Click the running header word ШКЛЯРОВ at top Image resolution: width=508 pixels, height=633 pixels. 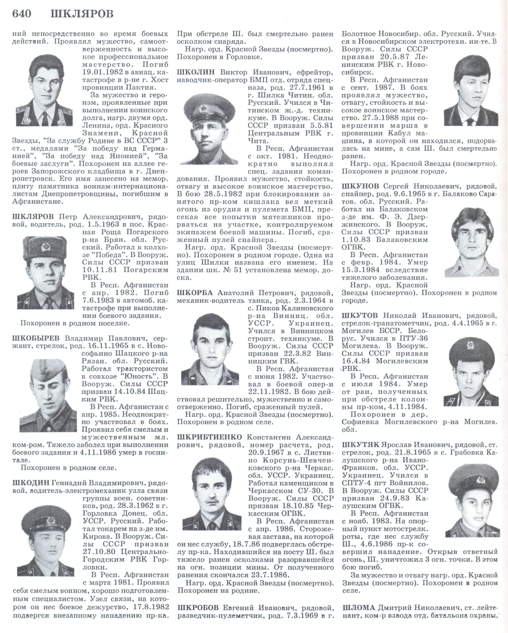pos(82,14)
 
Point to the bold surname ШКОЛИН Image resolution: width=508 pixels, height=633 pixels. pos(196,72)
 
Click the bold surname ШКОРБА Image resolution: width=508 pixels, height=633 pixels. pos(196,293)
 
